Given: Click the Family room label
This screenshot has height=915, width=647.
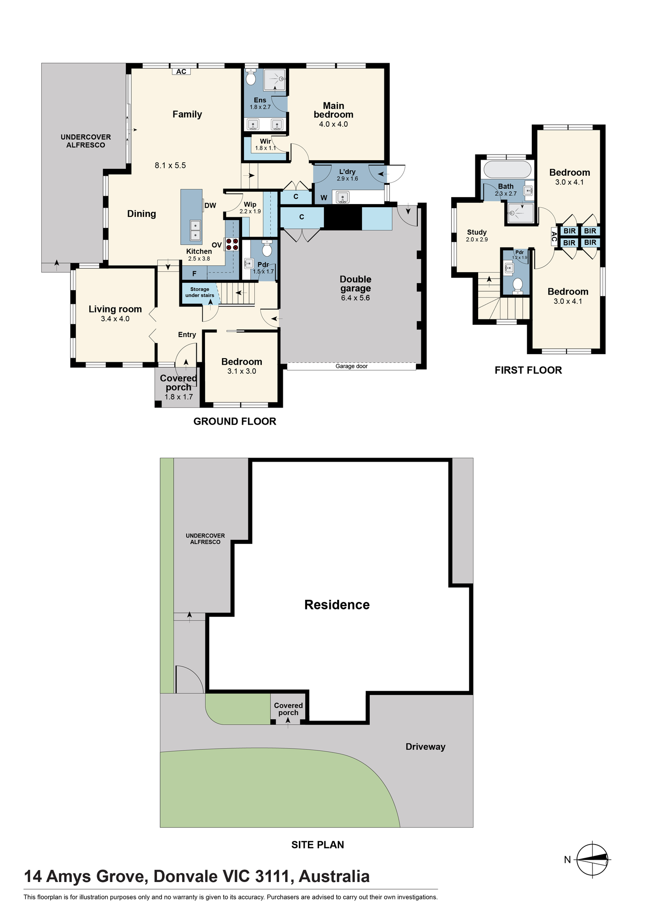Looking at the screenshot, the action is click(x=187, y=114).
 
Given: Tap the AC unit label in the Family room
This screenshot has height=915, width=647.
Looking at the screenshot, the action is click(x=181, y=71).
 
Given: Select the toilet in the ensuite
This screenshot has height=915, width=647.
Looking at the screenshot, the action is click(x=251, y=77).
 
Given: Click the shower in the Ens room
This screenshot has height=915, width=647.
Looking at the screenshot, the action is click(x=275, y=80).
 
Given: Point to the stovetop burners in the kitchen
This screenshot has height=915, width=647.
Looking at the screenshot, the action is click(x=232, y=244).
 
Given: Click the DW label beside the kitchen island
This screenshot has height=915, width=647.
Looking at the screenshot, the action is click(x=210, y=205).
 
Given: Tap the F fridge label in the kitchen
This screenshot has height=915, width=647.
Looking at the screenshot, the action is click(x=194, y=274).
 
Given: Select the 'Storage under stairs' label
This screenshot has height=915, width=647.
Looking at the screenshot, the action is click(x=200, y=292).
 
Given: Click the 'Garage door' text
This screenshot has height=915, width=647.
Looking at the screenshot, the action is click(x=351, y=366).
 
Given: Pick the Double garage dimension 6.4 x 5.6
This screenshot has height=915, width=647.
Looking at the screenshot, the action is click(x=356, y=298).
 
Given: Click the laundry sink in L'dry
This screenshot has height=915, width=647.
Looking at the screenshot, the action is click(x=342, y=197).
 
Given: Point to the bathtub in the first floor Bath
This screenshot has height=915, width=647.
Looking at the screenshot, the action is click(x=507, y=170).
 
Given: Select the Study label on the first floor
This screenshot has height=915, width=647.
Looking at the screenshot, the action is click(x=477, y=232).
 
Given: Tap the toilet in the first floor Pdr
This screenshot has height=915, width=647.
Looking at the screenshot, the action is click(x=518, y=285).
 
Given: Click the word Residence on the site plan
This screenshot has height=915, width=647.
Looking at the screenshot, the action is click(x=337, y=605).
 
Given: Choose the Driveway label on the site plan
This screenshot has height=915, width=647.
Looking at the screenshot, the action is click(x=426, y=747).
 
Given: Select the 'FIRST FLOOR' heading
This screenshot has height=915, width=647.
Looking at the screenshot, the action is click(x=528, y=370).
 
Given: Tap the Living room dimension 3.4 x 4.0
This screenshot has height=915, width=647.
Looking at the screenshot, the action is click(x=115, y=319).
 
